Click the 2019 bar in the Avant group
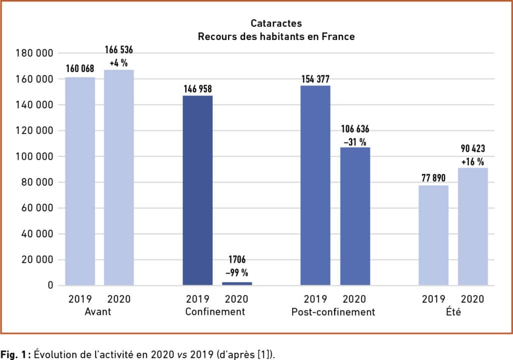coord(80,181)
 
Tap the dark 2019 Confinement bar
coord(197,190)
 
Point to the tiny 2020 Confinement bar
coord(237,283)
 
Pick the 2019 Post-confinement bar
coord(315,185)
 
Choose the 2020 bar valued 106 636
coord(355,216)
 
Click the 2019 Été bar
coord(433,235)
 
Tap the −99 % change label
coord(237,273)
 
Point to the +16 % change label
coord(473,162)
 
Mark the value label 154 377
coord(316,80)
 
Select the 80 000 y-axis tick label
coord(37,182)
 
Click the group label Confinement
coord(215,312)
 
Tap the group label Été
coord(453,312)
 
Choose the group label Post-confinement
coord(333,312)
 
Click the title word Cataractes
coord(276,24)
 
